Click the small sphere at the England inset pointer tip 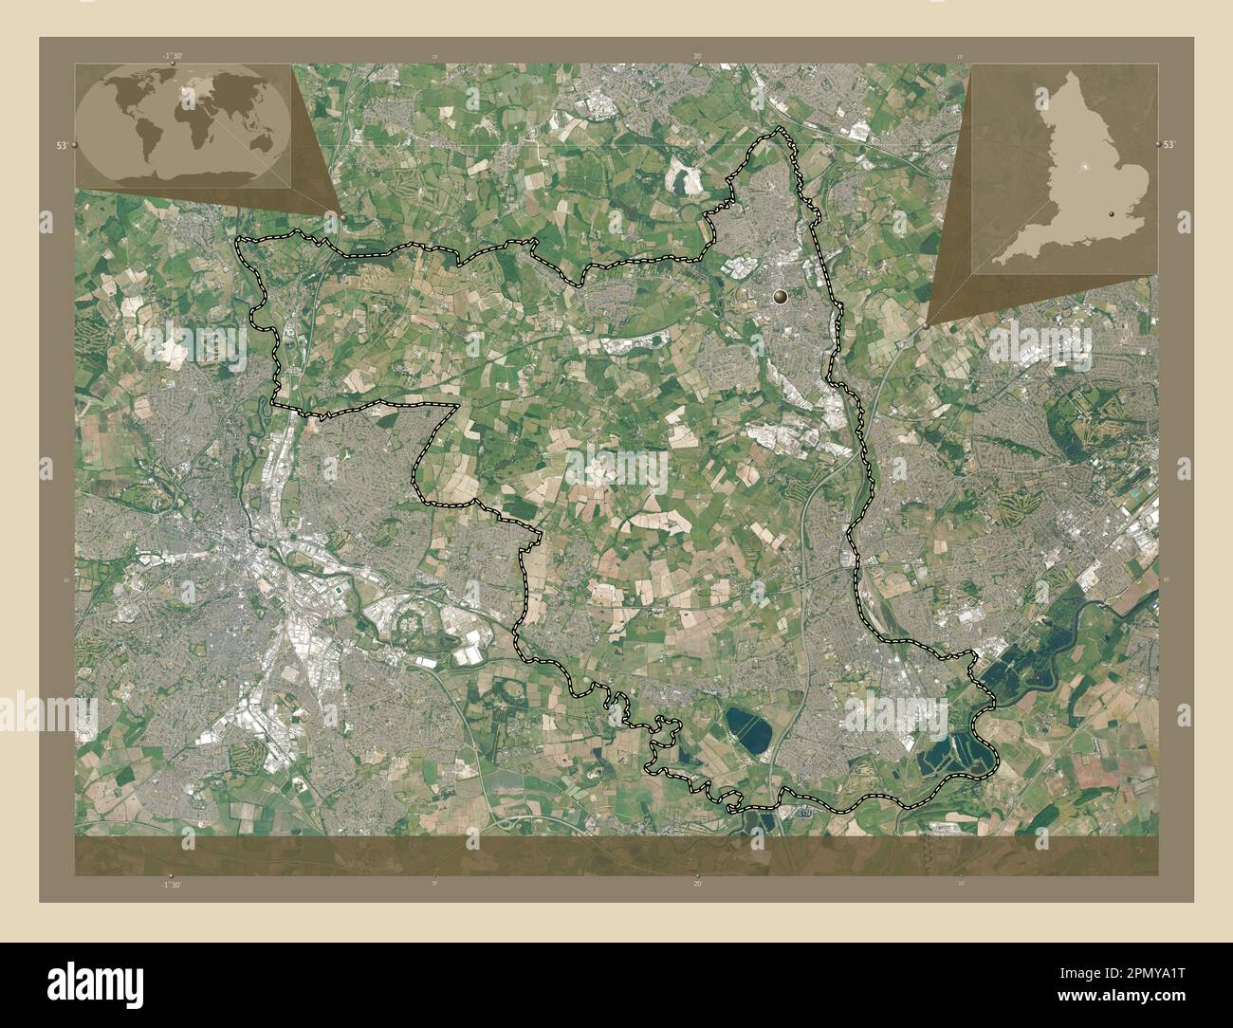tap(926, 325)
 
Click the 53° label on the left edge tap(62, 145)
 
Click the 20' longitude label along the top tap(697, 57)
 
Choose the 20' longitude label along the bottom tap(697, 884)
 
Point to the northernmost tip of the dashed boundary tap(781, 128)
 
